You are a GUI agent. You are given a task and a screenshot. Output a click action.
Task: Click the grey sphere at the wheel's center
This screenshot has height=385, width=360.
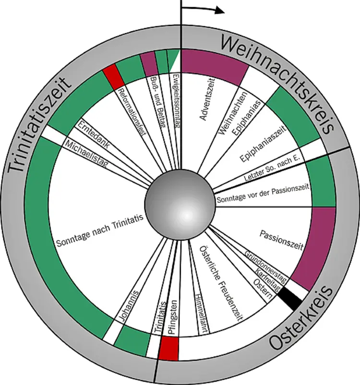[x=180, y=205]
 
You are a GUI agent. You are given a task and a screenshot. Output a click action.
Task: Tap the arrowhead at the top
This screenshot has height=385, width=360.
[x=219, y=10]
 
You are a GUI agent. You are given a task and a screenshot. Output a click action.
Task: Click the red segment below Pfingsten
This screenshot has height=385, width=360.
[x=168, y=348]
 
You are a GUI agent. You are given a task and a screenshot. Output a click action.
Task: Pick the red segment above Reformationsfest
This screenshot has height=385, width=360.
[x=113, y=76]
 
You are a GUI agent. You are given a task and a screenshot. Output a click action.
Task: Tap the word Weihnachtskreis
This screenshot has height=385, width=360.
[x=277, y=82]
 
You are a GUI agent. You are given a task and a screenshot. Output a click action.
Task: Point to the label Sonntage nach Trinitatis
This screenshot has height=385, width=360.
[x=99, y=230]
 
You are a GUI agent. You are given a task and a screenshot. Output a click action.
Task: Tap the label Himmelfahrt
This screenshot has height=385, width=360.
[x=202, y=313]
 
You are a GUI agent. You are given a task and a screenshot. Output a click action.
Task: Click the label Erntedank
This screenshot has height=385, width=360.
[x=94, y=134]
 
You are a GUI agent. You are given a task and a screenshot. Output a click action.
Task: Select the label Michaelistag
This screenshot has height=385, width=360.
[x=86, y=154]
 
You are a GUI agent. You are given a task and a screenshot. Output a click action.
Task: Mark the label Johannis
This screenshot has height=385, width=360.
[x=129, y=306]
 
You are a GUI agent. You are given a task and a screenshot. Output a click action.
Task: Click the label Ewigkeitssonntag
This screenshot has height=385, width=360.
[x=176, y=101]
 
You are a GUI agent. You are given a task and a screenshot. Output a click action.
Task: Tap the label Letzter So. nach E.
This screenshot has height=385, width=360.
[x=272, y=168]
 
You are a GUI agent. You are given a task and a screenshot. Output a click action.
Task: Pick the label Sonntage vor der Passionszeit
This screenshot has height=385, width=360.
[x=263, y=194]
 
